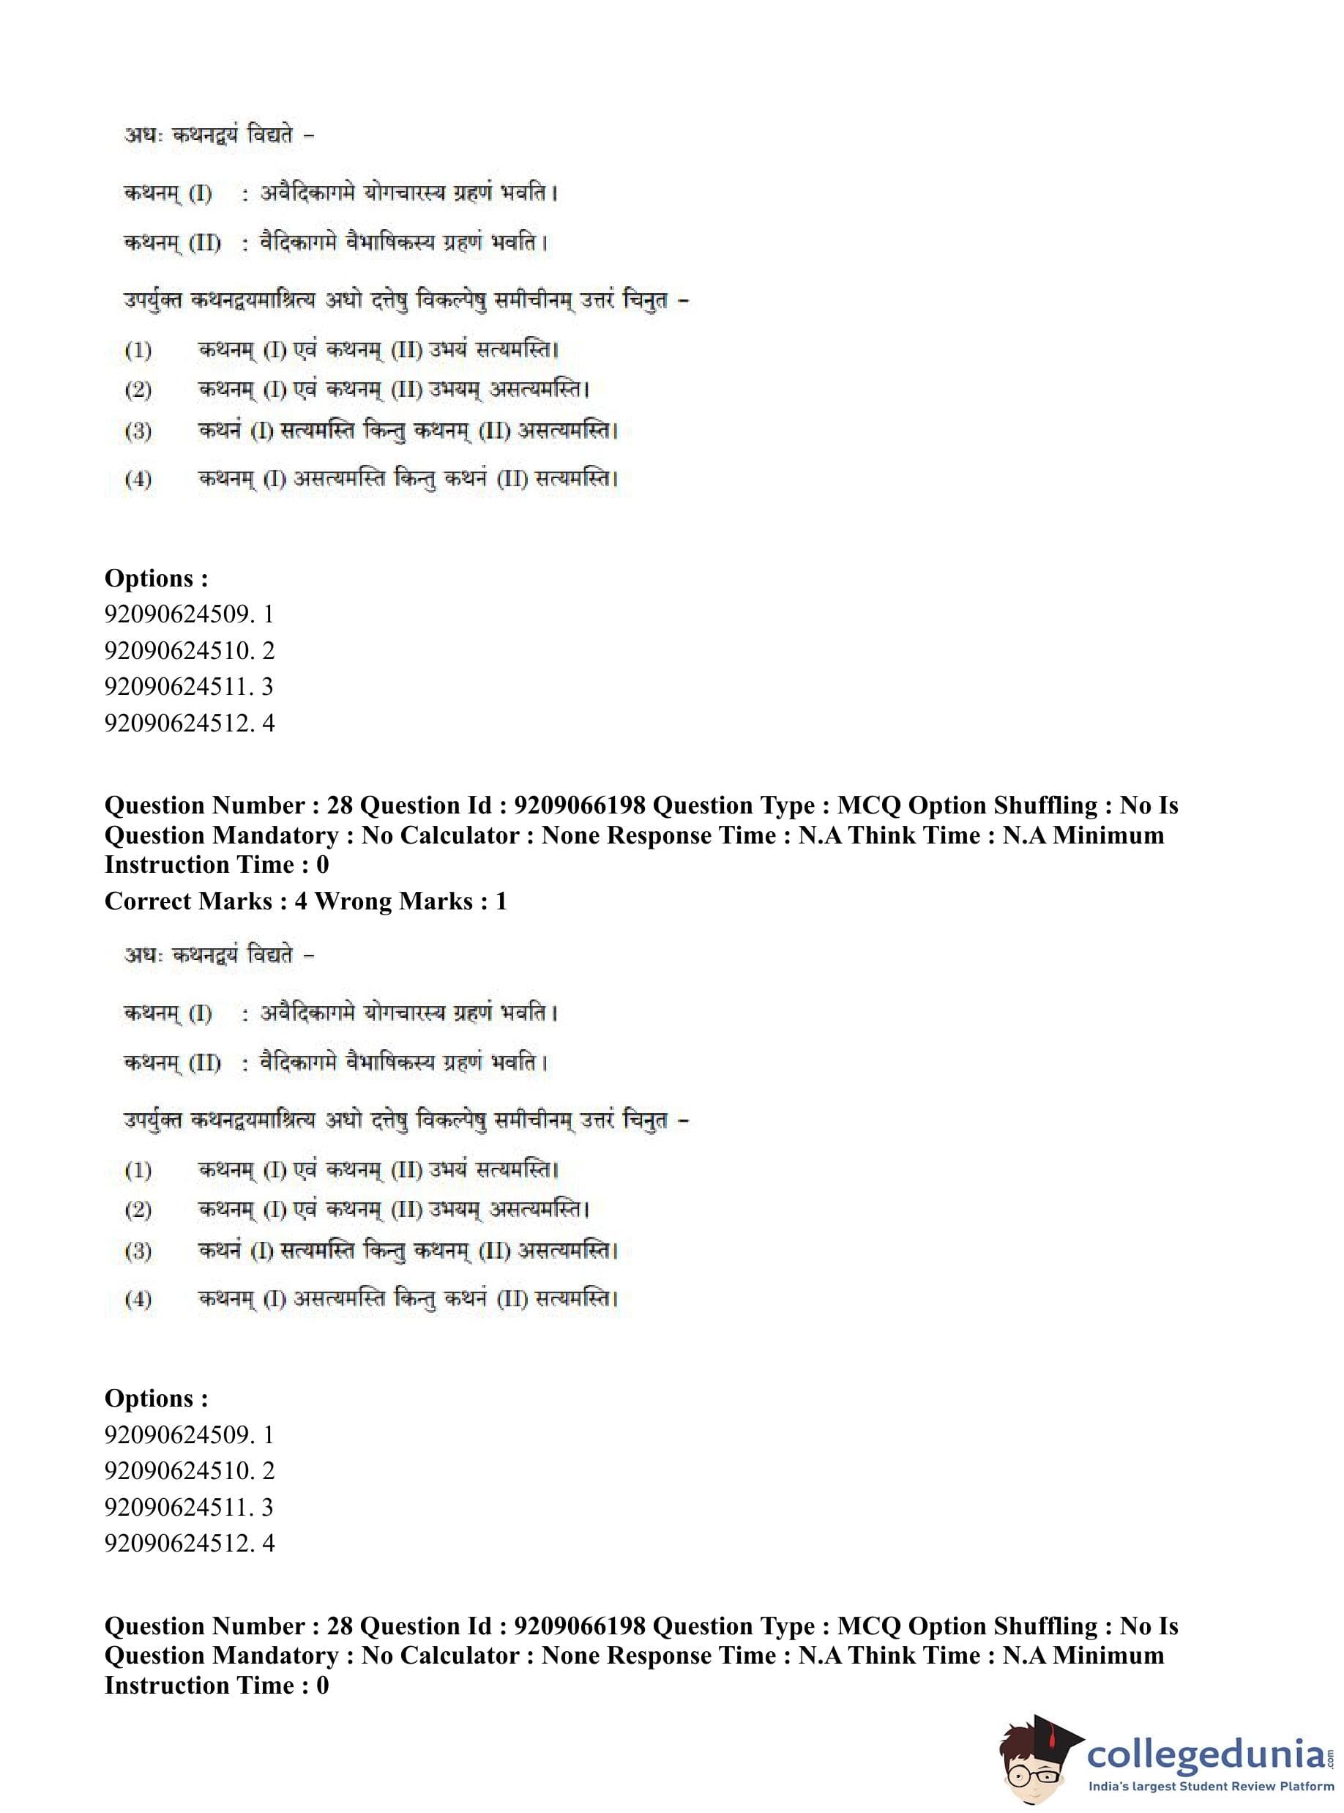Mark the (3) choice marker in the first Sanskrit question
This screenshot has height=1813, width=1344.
tap(138, 431)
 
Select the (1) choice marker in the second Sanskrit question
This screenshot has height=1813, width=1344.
tap(138, 1170)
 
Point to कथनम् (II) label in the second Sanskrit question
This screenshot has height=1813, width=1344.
tap(173, 1062)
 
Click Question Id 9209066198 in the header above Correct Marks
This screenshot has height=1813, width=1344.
tap(502, 805)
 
